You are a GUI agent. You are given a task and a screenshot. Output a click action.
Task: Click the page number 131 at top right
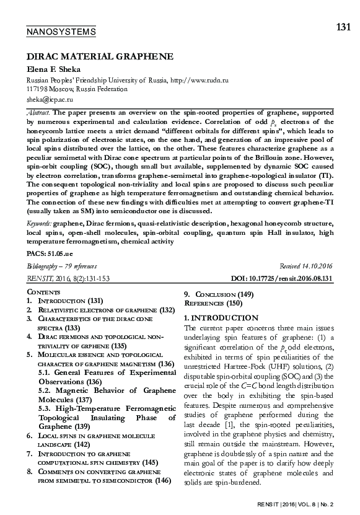coord(343,27)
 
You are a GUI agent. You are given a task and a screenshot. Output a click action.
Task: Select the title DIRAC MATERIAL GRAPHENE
coord(99,56)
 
